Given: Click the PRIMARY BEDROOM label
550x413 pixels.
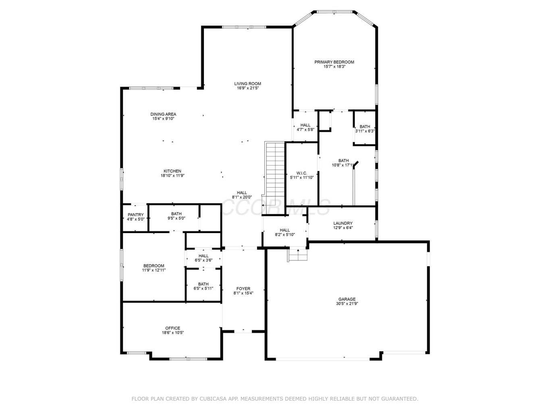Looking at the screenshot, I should click(334, 62).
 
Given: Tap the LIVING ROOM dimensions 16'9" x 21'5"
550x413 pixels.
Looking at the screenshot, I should click(247, 88).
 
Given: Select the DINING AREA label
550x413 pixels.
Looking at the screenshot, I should click(163, 114).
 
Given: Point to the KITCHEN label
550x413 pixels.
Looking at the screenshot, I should click(172, 171).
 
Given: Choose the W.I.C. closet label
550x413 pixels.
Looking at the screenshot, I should click(302, 173).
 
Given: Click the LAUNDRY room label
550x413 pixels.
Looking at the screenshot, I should click(343, 223).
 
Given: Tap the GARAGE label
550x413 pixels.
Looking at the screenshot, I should click(347, 299).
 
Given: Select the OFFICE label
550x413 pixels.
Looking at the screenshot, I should click(172, 328).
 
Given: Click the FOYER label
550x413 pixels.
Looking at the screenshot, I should click(243, 289).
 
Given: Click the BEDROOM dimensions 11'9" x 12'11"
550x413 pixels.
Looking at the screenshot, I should click(154, 270).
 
